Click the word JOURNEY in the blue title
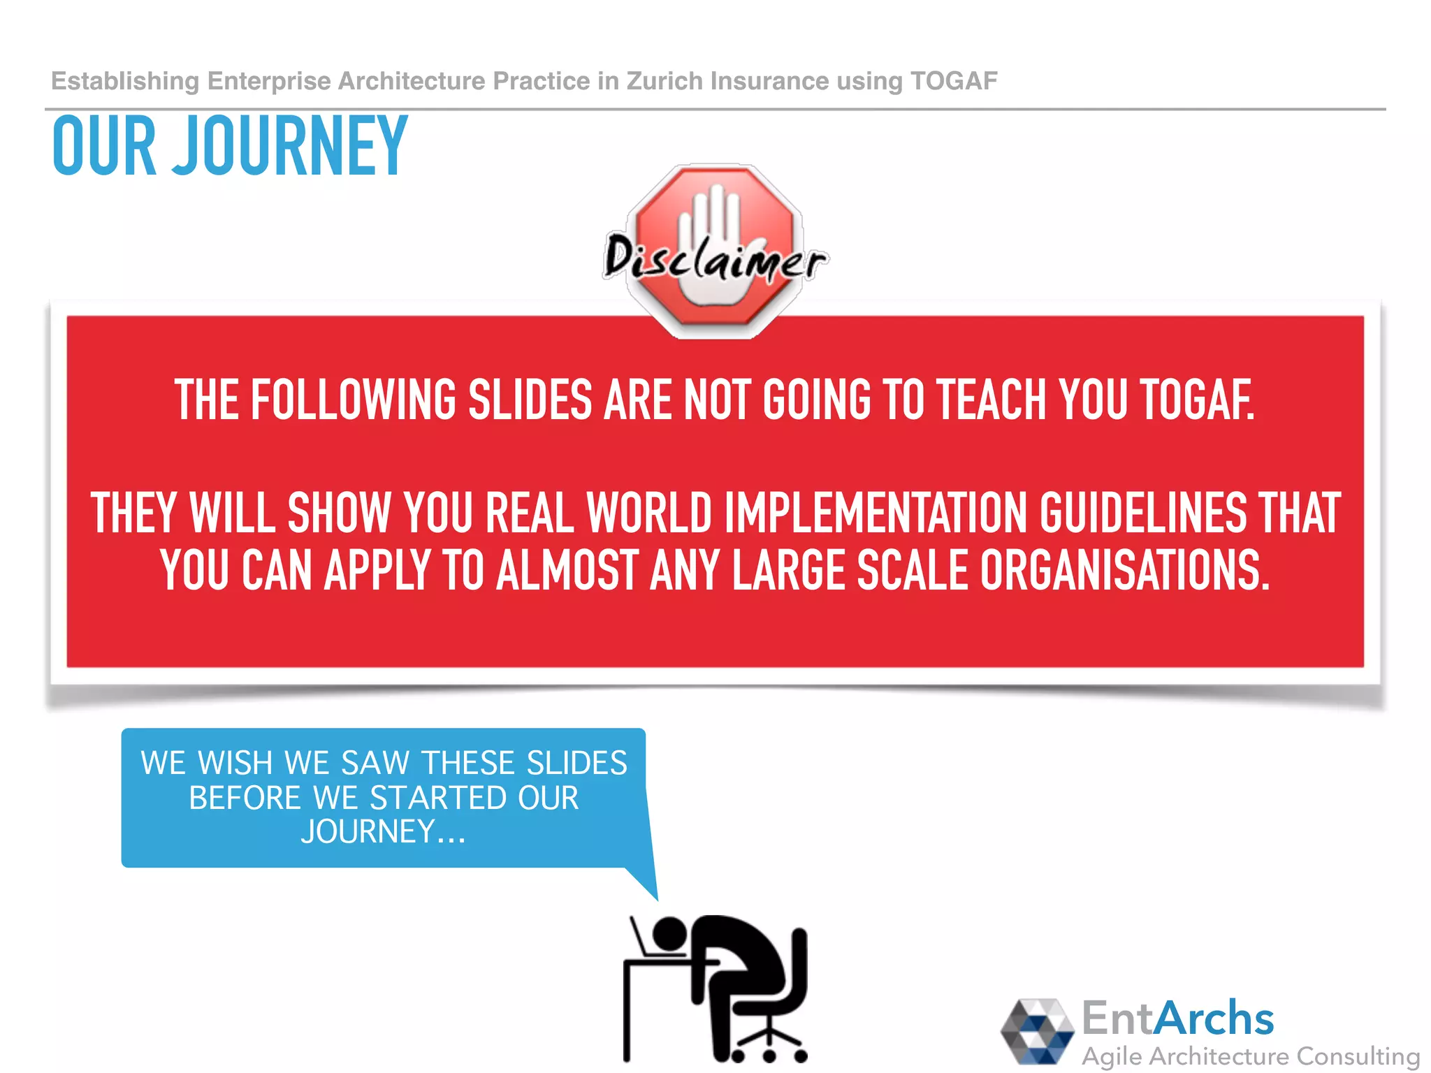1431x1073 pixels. [x=289, y=147]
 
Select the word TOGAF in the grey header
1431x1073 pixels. [x=954, y=81]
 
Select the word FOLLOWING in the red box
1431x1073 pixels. [x=353, y=400]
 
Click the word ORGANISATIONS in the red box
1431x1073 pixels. [x=1124, y=570]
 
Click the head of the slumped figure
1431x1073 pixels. [x=669, y=933]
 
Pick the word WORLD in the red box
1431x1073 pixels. [x=649, y=513]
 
